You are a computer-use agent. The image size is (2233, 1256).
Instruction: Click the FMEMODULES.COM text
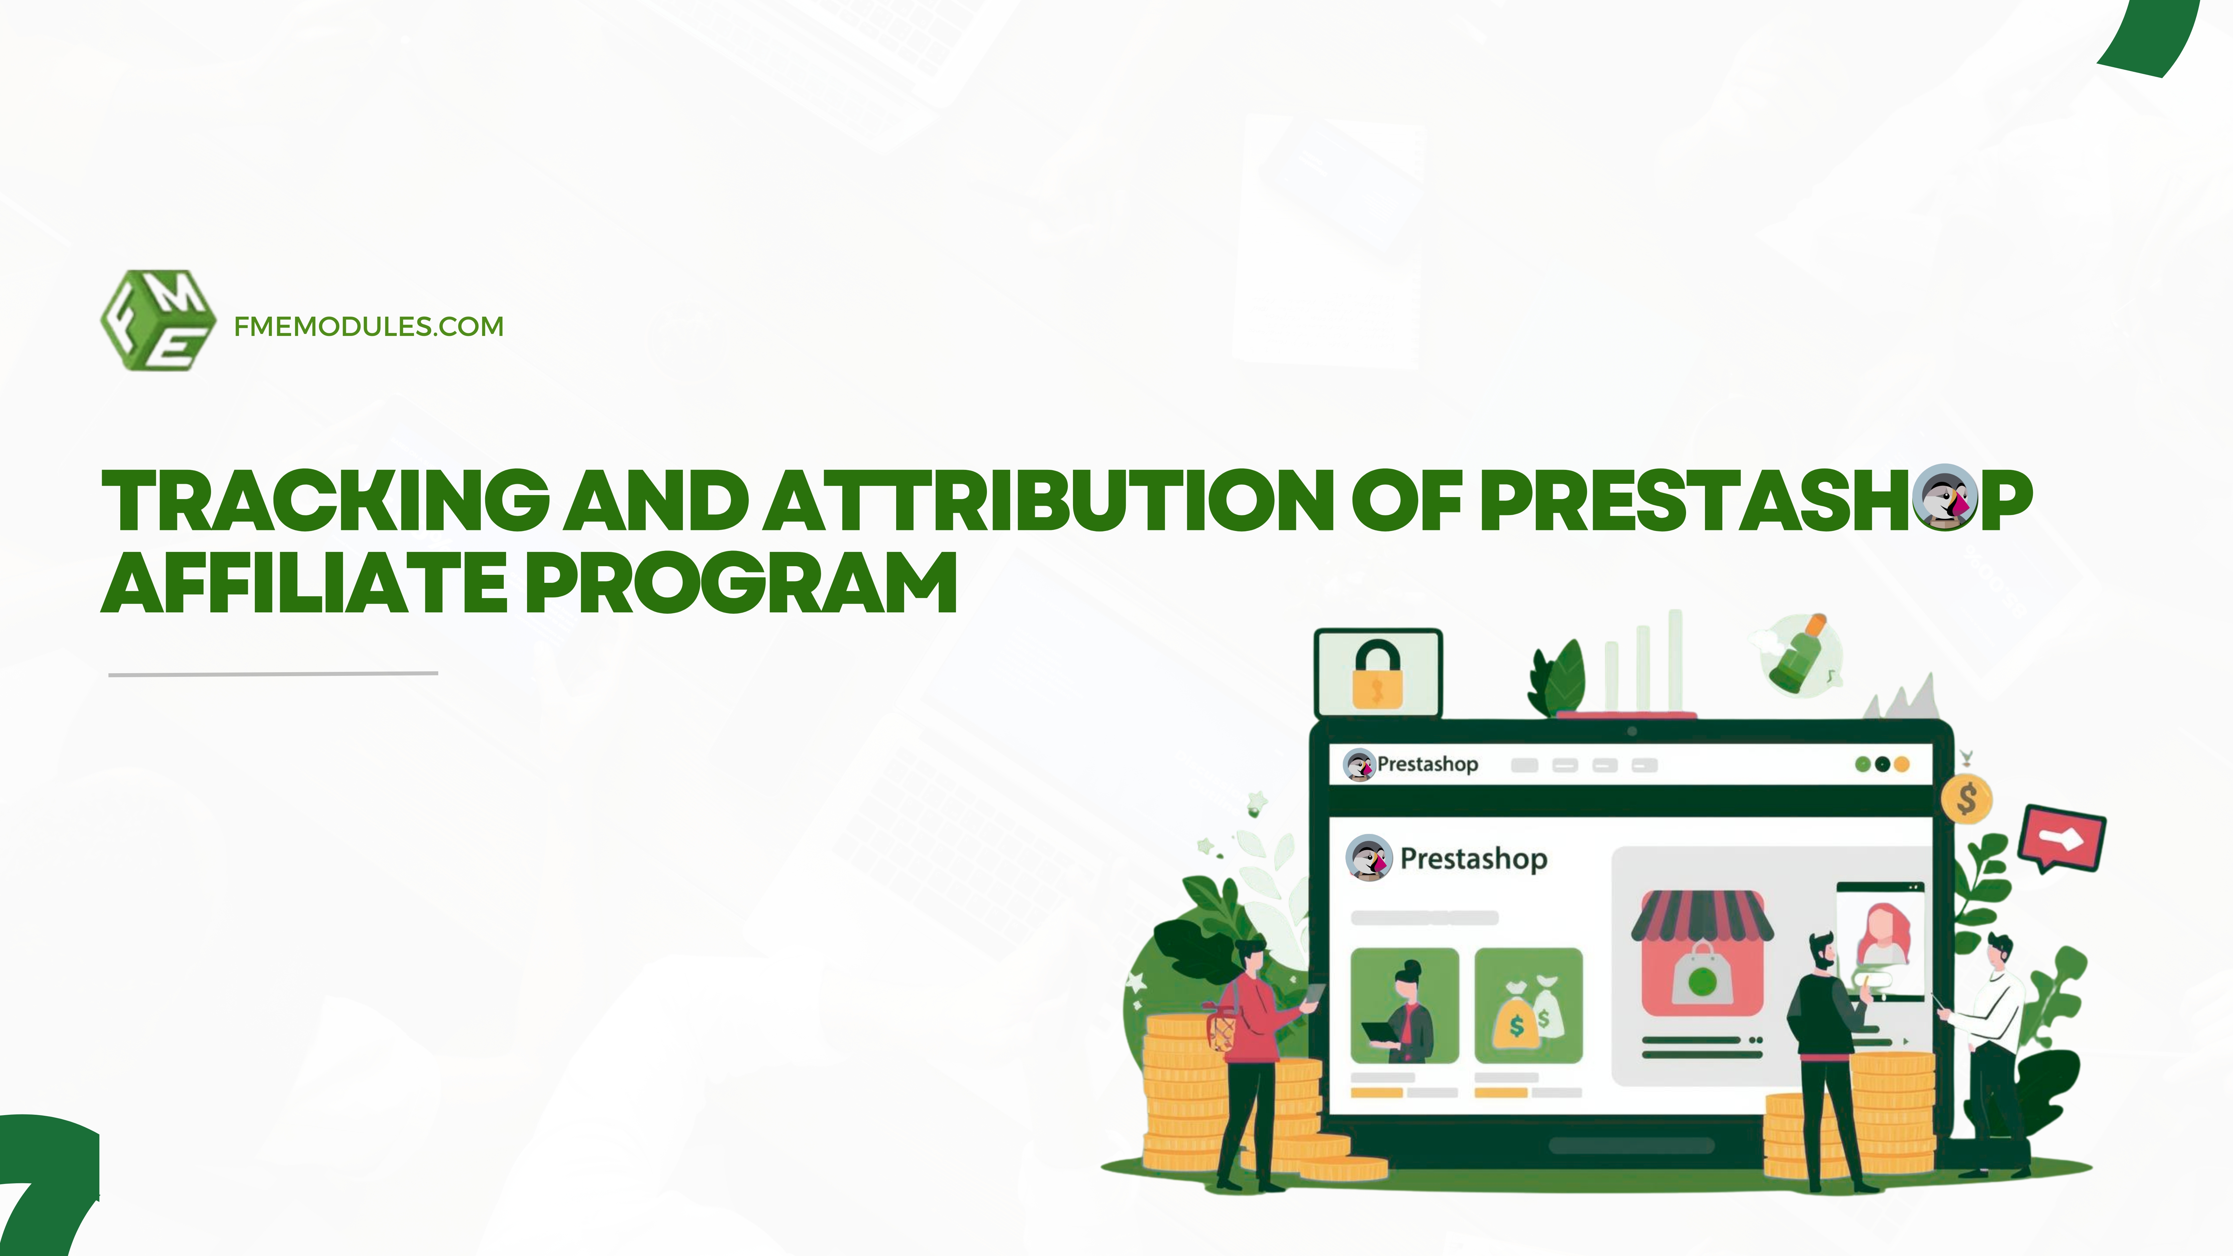click(x=369, y=327)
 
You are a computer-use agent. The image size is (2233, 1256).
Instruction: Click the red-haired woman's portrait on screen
click(x=1881, y=934)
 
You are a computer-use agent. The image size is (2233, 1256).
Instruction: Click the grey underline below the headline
click(x=273, y=673)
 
